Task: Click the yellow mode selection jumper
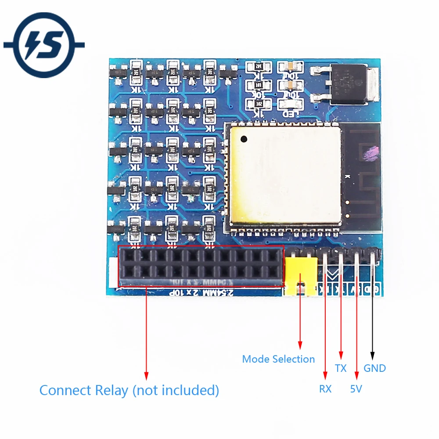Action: click(301, 274)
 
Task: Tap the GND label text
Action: click(374, 368)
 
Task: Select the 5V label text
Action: click(356, 389)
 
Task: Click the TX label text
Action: click(341, 368)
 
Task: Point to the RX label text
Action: click(325, 389)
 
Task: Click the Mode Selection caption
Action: click(278, 359)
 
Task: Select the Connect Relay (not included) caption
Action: click(129, 390)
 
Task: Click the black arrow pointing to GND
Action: click(373, 355)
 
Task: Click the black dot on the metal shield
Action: click(244, 139)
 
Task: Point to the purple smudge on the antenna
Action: click(371, 152)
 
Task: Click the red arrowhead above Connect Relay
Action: click(146, 376)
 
